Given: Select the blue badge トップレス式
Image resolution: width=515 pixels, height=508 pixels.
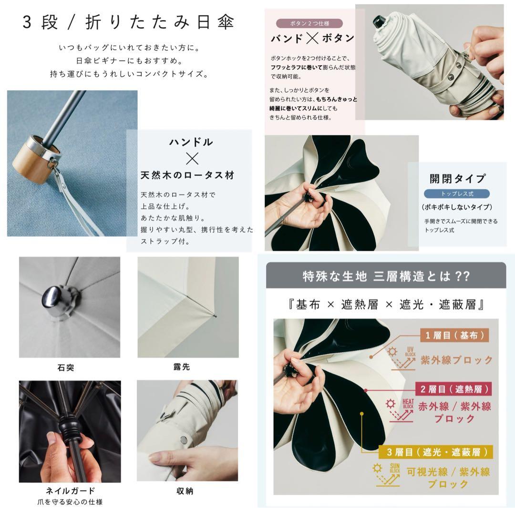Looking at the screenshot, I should click(x=457, y=193).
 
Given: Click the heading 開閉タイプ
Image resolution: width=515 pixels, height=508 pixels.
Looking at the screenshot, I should click(x=457, y=179).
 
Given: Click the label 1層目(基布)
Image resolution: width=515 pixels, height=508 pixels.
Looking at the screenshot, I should click(x=454, y=335).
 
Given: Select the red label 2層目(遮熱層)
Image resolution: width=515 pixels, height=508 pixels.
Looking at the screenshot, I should click(x=454, y=389).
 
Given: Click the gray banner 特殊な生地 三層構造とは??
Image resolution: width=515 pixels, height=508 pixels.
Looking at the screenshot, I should click(x=386, y=275).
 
